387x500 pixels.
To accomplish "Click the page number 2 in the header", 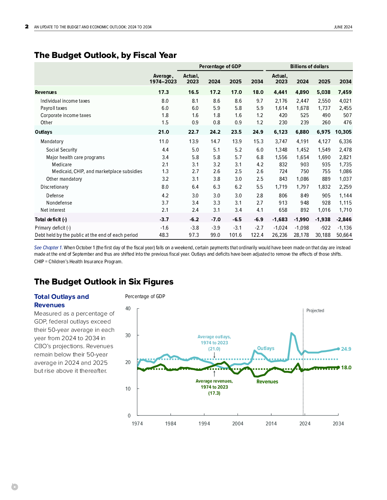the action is pyautogui.click(x=27, y=27).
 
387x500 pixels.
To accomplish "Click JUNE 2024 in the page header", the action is pyautogui.click(x=343, y=27).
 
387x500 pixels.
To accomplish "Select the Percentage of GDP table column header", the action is pyautogui.click(x=220, y=67).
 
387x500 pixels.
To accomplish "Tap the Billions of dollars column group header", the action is pyautogui.click(x=309, y=67).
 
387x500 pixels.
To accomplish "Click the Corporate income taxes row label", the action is pyautogui.click(x=66, y=115).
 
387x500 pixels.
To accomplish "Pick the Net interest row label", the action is pyautogui.click(x=53, y=210).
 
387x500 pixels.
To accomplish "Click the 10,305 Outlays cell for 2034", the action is pyautogui.click(x=343, y=132).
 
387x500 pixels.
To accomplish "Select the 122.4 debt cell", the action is pyautogui.click(x=257, y=235).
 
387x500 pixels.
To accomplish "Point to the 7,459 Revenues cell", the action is pyautogui.click(x=345, y=92).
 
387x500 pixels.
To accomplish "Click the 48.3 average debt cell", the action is pyautogui.click(x=164, y=235).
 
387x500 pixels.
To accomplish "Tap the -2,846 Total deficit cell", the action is pyautogui.click(x=344, y=219).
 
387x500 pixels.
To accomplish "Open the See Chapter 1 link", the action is pyautogui.click(x=48, y=248).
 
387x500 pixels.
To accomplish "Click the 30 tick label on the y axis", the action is pyautogui.click(x=128, y=335).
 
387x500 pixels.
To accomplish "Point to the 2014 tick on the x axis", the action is pyautogui.click(x=271, y=423).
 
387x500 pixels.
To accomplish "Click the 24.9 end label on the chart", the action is pyautogui.click(x=346, y=349).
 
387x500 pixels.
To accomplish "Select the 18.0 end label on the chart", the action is pyautogui.click(x=346, y=367).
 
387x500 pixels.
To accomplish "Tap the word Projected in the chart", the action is pyautogui.click(x=315, y=311).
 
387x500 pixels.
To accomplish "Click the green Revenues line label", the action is pyautogui.click(x=267, y=381).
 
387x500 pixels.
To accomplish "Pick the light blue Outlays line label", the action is pyautogui.click(x=266, y=348).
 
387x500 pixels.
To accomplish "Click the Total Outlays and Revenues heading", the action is pyautogui.click(x=61, y=301).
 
